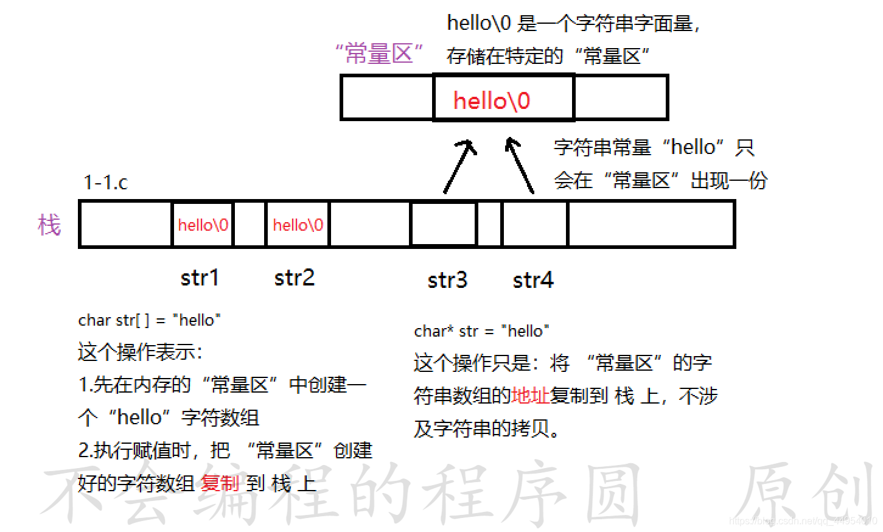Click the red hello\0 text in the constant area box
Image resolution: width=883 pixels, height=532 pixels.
(x=492, y=100)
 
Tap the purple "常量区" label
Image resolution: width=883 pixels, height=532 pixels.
(x=379, y=54)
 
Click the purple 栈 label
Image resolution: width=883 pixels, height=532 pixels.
(x=49, y=225)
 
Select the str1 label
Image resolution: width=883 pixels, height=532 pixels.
(x=200, y=278)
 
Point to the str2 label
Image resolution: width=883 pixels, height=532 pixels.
(x=295, y=278)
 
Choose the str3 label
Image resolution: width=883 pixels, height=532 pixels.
(x=447, y=280)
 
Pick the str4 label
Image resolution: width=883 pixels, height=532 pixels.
(x=533, y=280)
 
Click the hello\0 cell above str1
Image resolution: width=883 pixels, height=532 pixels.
(x=203, y=225)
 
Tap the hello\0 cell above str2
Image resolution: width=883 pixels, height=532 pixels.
(x=298, y=225)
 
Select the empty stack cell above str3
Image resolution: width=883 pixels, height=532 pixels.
(x=444, y=224)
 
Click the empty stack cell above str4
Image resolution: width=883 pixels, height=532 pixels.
(x=534, y=224)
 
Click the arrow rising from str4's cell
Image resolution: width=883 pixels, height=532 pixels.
(x=520, y=165)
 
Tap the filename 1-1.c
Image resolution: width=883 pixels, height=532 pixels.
(x=105, y=182)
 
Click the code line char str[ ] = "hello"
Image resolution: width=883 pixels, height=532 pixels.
(x=149, y=320)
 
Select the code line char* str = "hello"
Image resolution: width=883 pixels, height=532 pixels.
(x=481, y=331)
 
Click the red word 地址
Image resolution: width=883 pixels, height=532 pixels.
(x=530, y=396)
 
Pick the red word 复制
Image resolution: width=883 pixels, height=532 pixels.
(x=220, y=483)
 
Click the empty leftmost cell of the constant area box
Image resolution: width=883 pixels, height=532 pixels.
(x=387, y=97)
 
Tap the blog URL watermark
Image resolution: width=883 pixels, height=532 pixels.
(x=802, y=521)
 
